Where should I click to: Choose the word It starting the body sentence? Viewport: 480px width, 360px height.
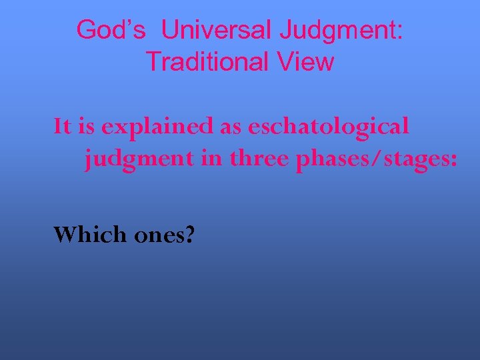click(62, 125)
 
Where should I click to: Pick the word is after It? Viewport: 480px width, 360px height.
click(85, 125)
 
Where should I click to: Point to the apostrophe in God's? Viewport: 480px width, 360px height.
click(132, 23)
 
